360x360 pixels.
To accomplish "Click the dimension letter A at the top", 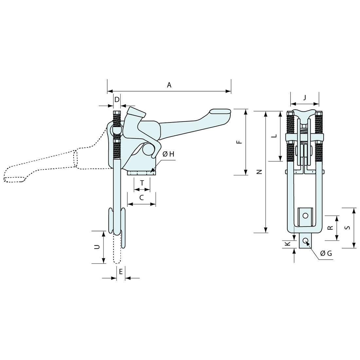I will [x=169, y=85].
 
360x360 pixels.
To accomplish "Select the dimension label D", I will [x=117, y=99].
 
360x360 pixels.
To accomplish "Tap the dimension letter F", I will [x=239, y=142].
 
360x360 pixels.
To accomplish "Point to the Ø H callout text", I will [x=168, y=154].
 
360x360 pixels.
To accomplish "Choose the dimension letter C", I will [x=141, y=198].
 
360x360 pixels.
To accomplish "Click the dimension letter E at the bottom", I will [x=121, y=271].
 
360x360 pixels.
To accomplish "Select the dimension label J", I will [x=305, y=97].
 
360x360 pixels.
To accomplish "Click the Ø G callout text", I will [x=326, y=253].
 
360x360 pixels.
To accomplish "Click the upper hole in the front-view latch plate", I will [x=305, y=215].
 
